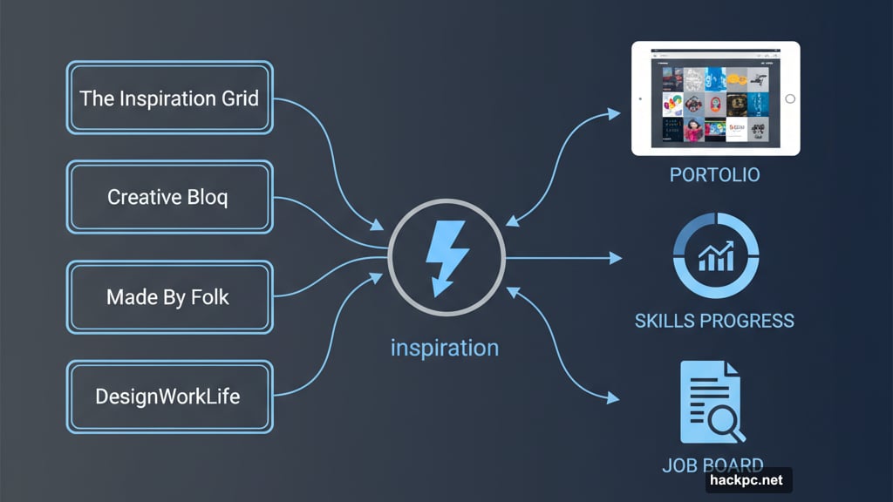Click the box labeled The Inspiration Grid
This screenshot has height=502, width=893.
pos(169,98)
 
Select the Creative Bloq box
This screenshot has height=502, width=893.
pos(169,197)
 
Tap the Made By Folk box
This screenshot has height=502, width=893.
pos(169,297)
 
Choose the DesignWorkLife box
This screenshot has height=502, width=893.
pos(169,397)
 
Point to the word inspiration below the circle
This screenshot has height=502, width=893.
pos(445,348)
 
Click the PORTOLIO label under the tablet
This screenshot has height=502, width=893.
pos(714,175)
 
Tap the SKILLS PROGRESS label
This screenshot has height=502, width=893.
pos(714,321)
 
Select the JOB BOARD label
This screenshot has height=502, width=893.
pos(712,465)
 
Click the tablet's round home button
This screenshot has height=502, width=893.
pos(790,99)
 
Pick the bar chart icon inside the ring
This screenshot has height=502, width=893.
pos(715,257)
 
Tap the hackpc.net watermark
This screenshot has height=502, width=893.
pos(748,480)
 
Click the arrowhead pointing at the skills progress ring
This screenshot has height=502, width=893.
pos(617,258)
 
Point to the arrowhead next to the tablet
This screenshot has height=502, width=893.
pos(615,113)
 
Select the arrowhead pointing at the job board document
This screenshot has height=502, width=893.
pos(615,399)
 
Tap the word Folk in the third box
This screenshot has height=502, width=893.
pos(210,297)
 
